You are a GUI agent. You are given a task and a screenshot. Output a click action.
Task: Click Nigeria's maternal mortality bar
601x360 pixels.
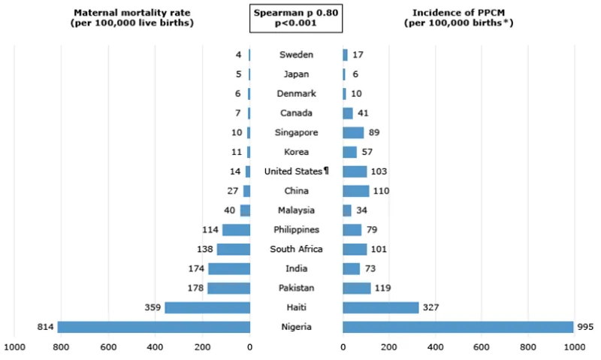(154, 327)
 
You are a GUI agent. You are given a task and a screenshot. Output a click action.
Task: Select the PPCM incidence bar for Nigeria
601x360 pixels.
(458, 327)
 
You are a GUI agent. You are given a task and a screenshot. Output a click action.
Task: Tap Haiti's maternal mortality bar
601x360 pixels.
(207, 307)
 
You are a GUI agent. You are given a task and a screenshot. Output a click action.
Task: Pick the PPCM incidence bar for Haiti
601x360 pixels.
(381, 307)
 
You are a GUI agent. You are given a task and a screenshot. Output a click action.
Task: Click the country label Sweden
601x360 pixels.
(296, 55)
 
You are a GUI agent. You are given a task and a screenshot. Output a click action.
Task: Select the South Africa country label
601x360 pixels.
(296, 250)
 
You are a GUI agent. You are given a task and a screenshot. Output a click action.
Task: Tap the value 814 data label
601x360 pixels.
(46, 327)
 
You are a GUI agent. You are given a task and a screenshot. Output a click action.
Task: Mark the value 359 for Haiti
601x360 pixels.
(153, 307)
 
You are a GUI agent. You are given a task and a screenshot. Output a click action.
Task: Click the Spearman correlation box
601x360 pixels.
(296, 17)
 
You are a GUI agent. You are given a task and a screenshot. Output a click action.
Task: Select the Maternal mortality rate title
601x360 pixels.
(132, 17)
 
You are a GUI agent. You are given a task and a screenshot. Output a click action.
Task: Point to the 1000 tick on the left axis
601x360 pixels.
(14, 347)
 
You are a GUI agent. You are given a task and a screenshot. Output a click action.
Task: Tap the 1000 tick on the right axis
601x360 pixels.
(575, 347)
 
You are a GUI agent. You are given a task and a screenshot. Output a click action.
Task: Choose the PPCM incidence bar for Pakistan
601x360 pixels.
(357, 288)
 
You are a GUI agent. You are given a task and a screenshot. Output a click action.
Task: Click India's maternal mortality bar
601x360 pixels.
(229, 268)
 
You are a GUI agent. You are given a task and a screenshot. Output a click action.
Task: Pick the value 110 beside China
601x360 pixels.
(381, 191)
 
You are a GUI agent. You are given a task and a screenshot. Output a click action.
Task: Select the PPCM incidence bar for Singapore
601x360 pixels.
(353, 132)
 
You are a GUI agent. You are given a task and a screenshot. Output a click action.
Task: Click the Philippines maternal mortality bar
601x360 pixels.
(236, 230)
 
